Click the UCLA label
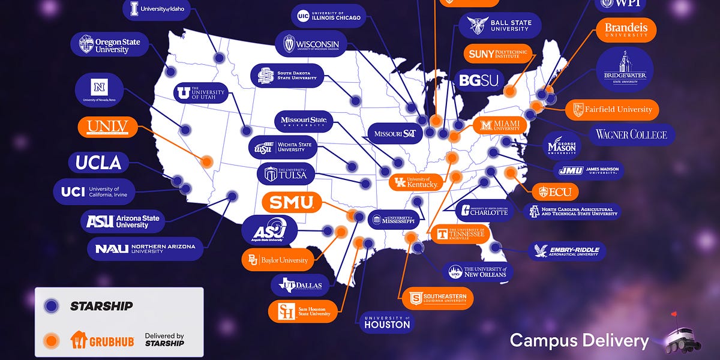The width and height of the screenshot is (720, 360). click(x=99, y=162)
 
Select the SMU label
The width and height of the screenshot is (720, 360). click(x=291, y=202)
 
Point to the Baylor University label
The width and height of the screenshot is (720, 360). click(x=278, y=260)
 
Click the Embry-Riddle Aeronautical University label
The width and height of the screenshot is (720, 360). click(x=566, y=251)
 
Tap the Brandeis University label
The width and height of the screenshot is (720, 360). click(x=626, y=29)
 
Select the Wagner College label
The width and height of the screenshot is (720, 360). click(x=631, y=134)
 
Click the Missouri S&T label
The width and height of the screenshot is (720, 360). click(x=395, y=133)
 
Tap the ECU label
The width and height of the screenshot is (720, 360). click(x=555, y=192)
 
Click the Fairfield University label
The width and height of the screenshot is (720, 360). click(x=612, y=110)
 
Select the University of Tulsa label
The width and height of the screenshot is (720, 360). click(x=286, y=174)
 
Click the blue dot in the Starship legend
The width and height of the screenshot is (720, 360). click(x=52, y=306)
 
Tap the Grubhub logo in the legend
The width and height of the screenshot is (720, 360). click(x=94, y=340)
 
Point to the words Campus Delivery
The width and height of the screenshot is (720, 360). click(x=579, y=341)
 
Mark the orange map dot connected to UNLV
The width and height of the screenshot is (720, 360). click(x=207, y=161)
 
